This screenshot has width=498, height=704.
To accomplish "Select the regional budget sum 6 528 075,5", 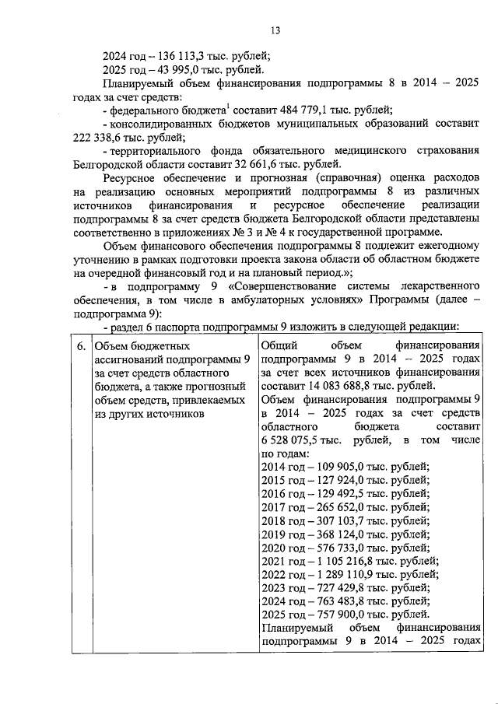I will (291, 440).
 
